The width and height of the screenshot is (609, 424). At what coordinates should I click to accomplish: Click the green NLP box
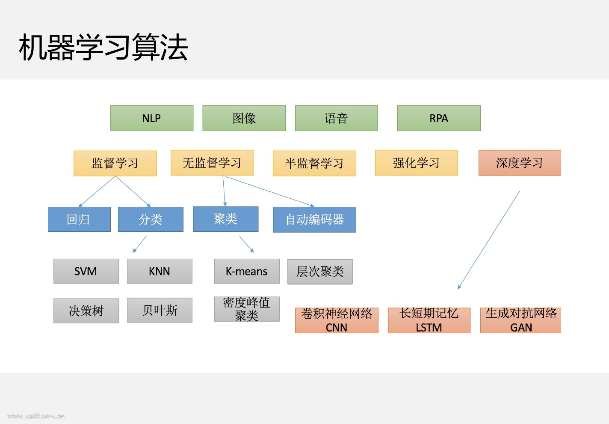152,118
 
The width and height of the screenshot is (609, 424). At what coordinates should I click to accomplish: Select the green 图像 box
244,118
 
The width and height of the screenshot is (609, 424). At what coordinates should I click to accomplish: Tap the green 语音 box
337,118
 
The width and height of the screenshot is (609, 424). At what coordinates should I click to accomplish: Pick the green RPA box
439,118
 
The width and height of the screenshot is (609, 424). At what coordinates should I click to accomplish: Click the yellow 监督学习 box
115,163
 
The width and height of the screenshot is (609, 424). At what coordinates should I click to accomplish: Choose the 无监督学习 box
212,163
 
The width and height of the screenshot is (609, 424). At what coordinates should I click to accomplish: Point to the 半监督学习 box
314,163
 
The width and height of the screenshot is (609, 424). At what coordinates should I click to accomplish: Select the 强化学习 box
417,163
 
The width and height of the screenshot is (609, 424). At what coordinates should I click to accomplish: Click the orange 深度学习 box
520,163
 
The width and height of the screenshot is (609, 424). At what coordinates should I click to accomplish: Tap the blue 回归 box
79,219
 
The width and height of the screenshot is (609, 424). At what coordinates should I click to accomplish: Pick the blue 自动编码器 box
314,220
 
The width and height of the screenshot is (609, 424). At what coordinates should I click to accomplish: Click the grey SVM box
86,271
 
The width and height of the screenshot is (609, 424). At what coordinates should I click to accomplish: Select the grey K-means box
247,271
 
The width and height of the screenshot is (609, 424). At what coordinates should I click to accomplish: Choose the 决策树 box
86,311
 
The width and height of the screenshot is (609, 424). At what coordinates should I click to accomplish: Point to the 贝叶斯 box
160,310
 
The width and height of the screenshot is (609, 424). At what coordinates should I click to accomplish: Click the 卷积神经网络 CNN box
337,320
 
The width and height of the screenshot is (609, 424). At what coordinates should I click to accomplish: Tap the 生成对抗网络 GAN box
520,320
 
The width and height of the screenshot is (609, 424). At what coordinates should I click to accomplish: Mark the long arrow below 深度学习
489,240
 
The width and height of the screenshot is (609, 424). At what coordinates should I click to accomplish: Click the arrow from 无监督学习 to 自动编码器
269,191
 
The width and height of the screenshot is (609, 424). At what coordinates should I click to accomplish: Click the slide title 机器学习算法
103,47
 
